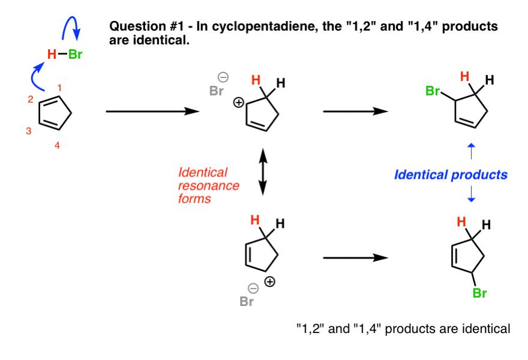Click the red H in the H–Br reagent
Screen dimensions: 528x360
point(52,54)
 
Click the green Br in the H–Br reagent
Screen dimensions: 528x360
point(75,54)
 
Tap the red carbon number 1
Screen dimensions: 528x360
point(59,88)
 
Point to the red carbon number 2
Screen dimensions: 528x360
point(31,100)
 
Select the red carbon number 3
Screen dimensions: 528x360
point(29,131)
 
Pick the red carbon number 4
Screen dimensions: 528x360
point(57,145)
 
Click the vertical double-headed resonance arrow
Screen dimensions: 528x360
point(263,172)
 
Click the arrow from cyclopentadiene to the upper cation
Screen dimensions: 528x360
point(152,111)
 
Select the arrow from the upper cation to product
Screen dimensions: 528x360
point(356,111)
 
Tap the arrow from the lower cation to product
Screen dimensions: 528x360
point(356,257)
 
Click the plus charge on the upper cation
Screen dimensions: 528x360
point(238,103)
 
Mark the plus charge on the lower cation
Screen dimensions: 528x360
point(270,281)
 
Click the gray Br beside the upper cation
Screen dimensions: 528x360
point(216,91)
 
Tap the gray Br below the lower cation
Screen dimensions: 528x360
point(247,301)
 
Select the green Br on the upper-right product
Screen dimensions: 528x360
point(433,91)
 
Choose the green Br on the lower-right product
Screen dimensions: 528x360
point(479,293)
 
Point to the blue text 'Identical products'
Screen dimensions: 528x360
point(451,175)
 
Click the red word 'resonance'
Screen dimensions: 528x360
point(208,185)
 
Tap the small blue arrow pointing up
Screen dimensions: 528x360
point(472,151)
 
